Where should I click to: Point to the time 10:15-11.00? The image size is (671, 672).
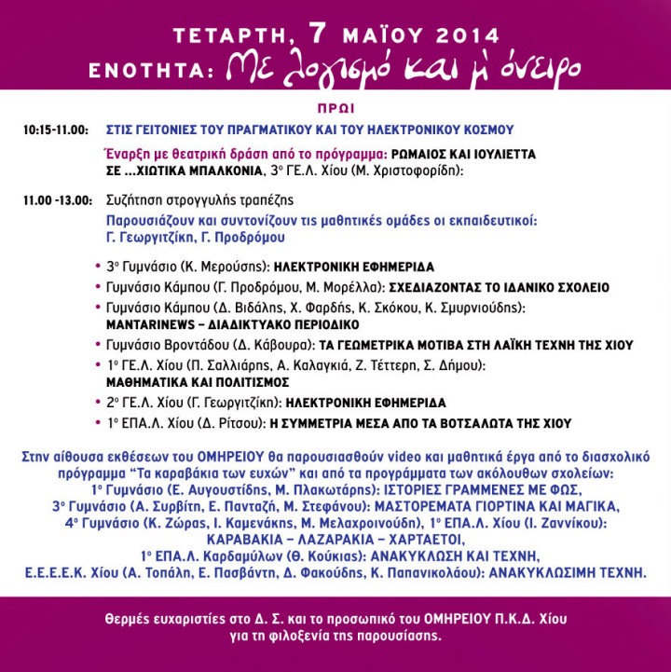(56, 129)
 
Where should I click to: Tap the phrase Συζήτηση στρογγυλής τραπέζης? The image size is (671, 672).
(199, 200)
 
